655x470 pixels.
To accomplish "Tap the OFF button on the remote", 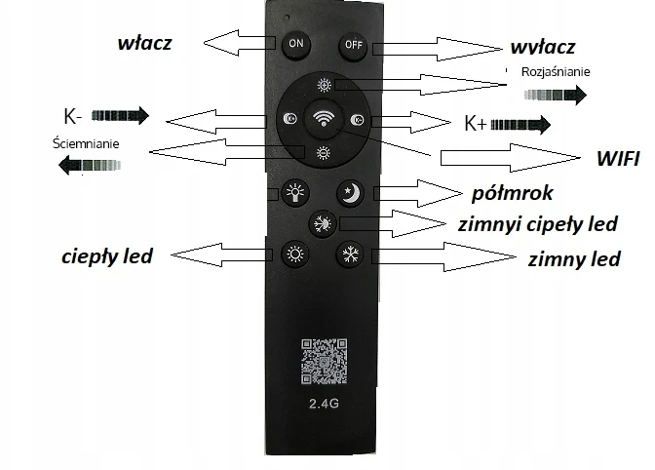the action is point(353,46).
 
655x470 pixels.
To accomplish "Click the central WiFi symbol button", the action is point(324,119).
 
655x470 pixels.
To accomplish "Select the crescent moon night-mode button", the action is point(351,193).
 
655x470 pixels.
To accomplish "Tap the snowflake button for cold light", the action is point(350,254).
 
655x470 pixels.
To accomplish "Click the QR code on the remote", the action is point(325,361).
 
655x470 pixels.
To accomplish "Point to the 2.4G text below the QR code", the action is point(324,404).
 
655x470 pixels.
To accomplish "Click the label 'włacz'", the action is point(144,43).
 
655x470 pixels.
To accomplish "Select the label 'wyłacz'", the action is point(543,47).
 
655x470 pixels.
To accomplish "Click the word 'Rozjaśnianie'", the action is point(556,72).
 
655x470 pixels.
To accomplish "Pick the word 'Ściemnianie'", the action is point(86,143).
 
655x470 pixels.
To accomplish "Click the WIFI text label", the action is point(618,159).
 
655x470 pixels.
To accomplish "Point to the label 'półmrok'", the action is point(512,193).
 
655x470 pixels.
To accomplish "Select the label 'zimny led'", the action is point(574,259).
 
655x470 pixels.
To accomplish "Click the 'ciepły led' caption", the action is point(107,256).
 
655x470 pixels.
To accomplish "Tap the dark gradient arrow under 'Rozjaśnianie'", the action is point(556,96).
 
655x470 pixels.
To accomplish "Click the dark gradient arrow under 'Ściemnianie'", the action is point(90,165).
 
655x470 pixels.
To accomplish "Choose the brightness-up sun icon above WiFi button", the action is point(324,86).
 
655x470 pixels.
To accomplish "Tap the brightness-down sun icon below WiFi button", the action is point(324,153).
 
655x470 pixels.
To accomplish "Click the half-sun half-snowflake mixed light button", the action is point(323,223).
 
